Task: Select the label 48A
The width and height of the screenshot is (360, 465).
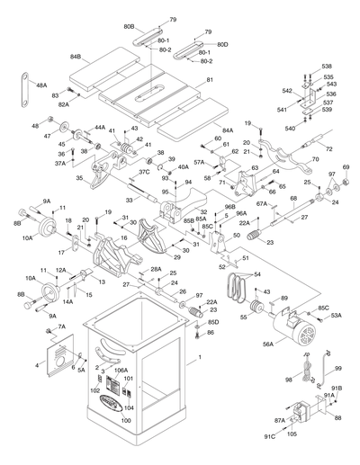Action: pyautogui.click(x=41, y=85)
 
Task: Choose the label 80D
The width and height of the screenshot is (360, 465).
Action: pyautogui.click(x=222, y=44)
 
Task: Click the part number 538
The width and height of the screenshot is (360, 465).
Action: pyautogui.click(x=328, y=67)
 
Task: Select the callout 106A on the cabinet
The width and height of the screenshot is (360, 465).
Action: pyautogui.click(x=121, y=370)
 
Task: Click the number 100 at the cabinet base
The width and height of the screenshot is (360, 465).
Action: pyautogui.click(x=126, y=420)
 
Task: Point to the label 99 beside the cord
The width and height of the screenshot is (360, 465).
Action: pyautogui.click(x=337, y=369)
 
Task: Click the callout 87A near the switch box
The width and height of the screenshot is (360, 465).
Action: pyautogui.click(x=280, y=419)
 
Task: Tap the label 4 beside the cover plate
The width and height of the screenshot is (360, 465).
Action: pyautogui.click(x=37, y=364)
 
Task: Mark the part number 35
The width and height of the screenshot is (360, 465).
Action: pyautogui.click(x=79, y=178)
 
